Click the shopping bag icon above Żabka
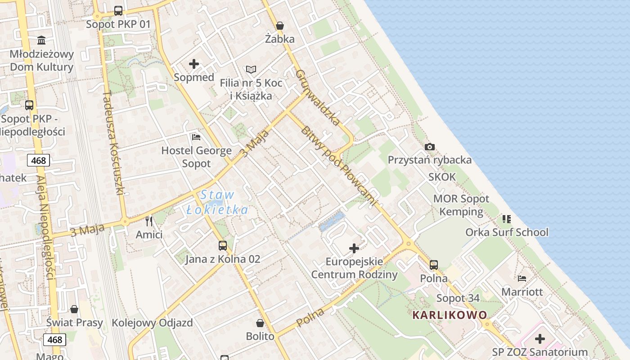pos(280,26)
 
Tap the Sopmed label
pos(194,77)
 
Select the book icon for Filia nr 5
pos(251,70)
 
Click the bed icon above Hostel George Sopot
pos(196,137)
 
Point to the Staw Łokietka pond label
pos(217,202)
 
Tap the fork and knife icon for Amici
pos(149,221)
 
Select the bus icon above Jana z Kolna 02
pos(223,246)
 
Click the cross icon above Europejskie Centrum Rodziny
pos(354,248)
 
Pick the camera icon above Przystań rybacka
pos(430,147)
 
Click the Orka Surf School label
pos(507,232)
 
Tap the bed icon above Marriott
pos(522,279)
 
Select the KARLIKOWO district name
pos(450,315)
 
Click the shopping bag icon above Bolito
pos(260,323)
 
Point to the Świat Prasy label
pos(75,323)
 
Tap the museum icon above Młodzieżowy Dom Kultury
pos(42,40)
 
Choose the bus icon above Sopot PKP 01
pos(118,11)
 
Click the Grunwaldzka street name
pos(318,97)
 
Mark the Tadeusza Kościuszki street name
pos(113,143)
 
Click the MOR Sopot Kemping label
pos(461,205)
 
